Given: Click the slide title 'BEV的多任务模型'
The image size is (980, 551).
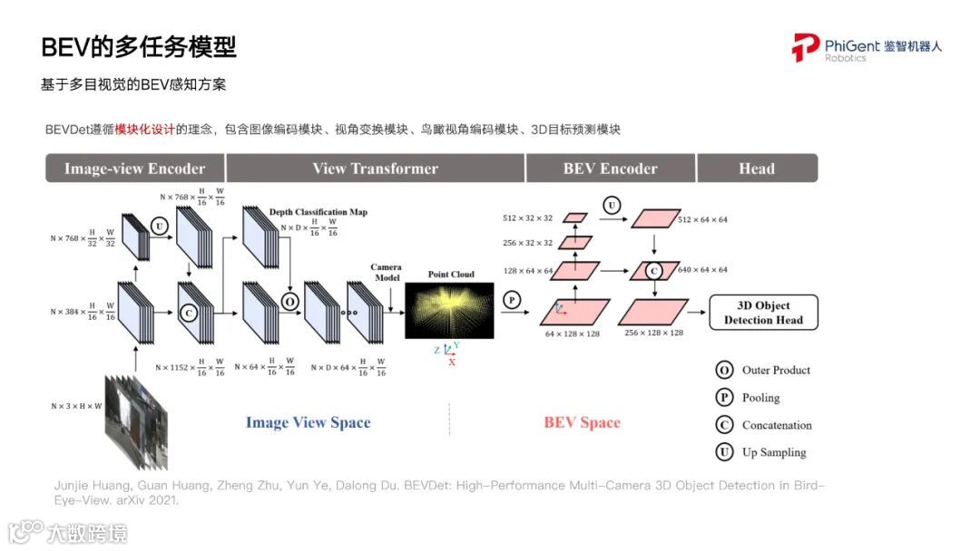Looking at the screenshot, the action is pos(139,48).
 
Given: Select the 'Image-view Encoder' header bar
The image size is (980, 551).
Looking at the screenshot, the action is pos(134,169).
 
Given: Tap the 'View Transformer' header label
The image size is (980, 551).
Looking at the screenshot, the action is pos(375,169).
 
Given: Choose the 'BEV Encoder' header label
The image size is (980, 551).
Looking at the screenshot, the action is pos(610,169).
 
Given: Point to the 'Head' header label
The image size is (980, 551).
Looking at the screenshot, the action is pos(757,169).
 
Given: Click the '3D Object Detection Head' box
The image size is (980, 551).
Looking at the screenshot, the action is pos(763,313).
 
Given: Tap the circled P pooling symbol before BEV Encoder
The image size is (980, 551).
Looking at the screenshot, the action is pos(512,299).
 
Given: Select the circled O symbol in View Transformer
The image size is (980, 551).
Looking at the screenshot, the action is pos(289,301).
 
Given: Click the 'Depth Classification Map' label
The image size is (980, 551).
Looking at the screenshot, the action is pos(318,212).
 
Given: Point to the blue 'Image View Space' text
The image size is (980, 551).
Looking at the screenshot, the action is pos(308,422).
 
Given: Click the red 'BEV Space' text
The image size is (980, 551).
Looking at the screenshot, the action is pos(582,422).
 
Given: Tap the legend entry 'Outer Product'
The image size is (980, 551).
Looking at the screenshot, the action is pos(776,370).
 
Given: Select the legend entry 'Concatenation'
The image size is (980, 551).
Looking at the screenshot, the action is pos(777,425).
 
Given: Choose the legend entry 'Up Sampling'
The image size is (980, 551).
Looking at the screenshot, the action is pos(774,452).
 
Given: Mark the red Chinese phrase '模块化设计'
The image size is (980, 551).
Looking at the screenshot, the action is pos(145,130).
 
